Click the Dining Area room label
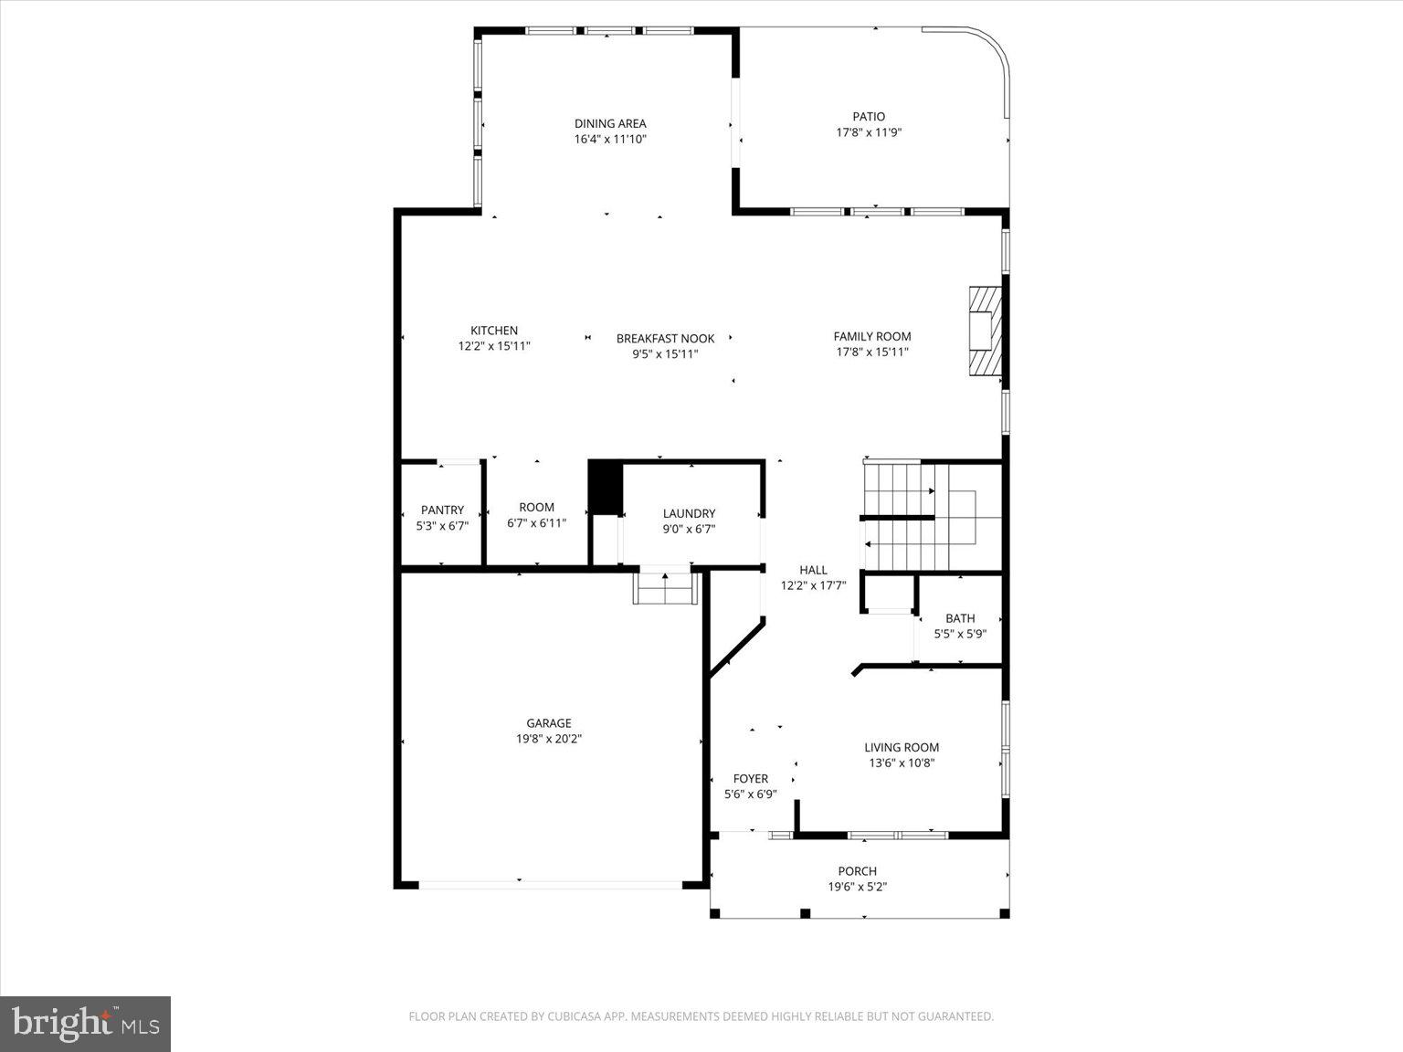[610, 123]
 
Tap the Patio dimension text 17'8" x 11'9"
[869, 132]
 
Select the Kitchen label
[494, 331]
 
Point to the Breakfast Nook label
[665, 338]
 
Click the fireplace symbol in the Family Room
[984, 331]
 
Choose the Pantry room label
[442, 510]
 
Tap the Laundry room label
[689, 513]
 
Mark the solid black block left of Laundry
[604, 488]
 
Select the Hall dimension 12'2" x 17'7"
[813, 585]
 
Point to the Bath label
[960, 618]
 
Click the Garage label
[549, 723]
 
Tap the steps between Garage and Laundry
[665, 589]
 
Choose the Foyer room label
[750, 778]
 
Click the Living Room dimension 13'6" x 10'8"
[901, 763]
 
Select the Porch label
[857, 871]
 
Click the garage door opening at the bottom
[550, 884]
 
